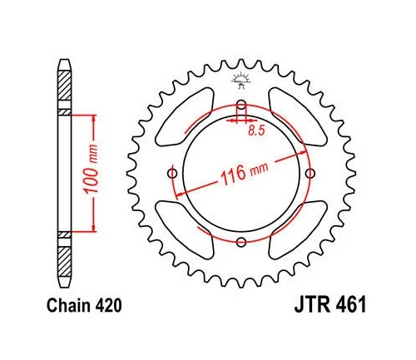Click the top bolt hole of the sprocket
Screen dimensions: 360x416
tap(241, 105)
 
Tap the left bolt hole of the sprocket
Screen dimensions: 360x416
tap(172, 173)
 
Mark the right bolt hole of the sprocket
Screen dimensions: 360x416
tap(310, 173)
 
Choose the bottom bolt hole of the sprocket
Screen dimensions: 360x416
tap(241, 242)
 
